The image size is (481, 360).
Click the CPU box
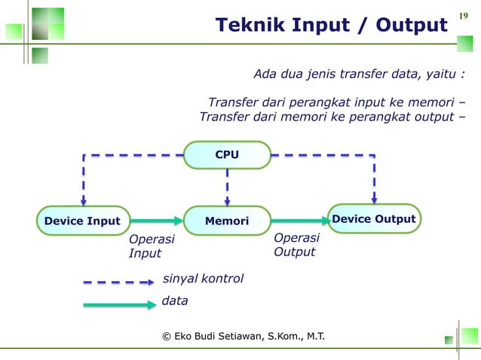click(227, 155)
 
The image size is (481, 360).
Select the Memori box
click(227, 221)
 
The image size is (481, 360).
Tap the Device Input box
click(82, 221)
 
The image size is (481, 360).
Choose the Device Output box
click(374, 219)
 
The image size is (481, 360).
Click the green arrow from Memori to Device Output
click(299, 221)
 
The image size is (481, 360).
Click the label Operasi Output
click(296, 245)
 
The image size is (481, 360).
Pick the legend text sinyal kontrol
click(203, 279)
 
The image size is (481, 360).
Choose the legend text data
click(175, 301)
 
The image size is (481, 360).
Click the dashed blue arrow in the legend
click(119, 282)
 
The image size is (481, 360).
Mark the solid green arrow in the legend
click(119, 305)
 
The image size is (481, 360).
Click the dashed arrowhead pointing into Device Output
click(374, 200)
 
